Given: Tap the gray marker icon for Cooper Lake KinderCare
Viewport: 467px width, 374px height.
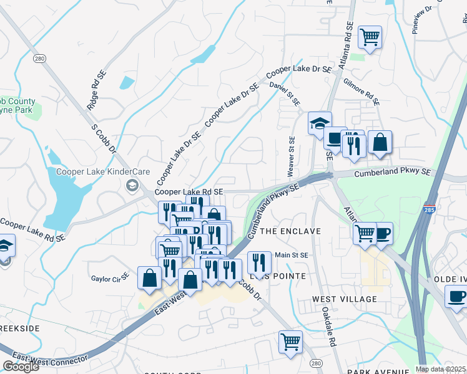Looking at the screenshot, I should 132,185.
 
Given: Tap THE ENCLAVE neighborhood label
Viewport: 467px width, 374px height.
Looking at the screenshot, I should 290,231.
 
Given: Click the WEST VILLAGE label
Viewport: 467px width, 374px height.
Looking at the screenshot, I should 345,299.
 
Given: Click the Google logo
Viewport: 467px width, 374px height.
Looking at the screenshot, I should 21,367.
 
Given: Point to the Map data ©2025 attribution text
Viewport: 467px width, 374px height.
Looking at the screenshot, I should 440,369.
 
